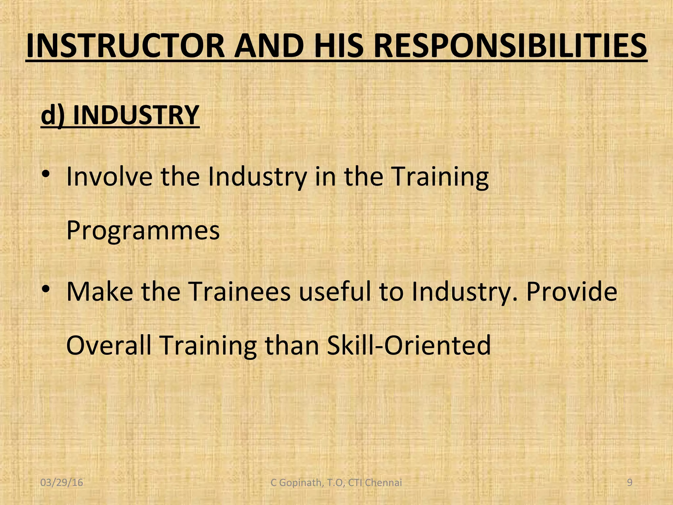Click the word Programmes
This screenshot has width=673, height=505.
[x=143, y=230]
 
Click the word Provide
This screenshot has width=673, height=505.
[x=572, y=292]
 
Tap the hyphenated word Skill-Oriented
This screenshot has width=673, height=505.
[x=409, y=346]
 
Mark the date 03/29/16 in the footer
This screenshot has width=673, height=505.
[x=61, y=483]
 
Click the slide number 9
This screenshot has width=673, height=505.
[x=630, y=482]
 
